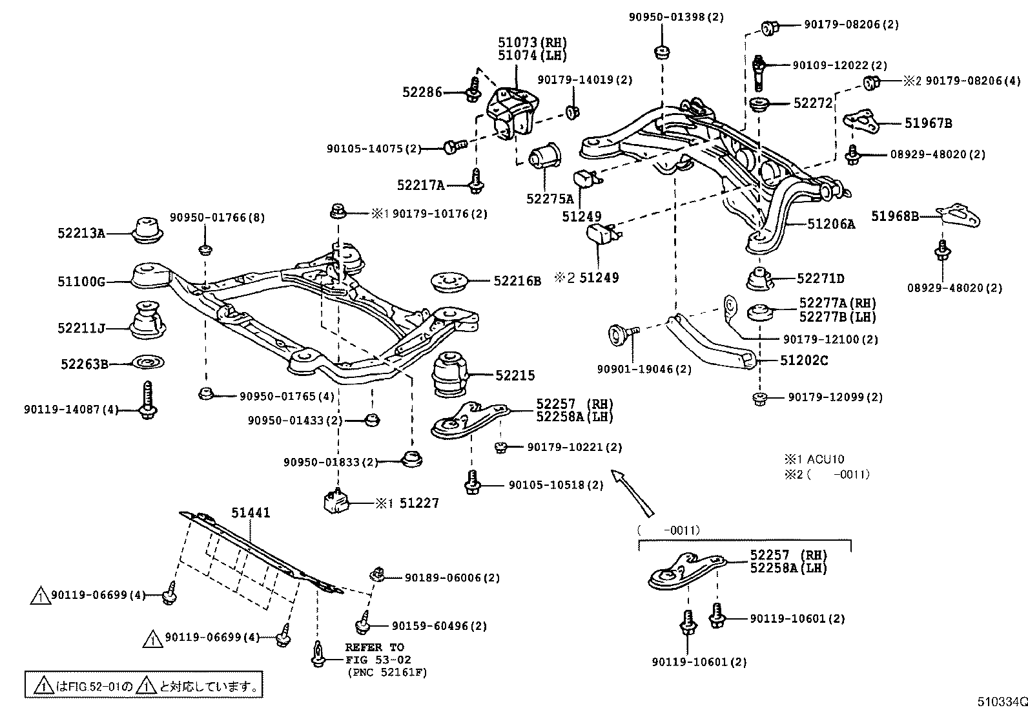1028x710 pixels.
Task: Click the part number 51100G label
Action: click(x=81, y=282)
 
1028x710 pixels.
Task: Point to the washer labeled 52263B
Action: click(x=147, y=363)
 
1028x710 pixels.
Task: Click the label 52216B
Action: click(x=517, y=281)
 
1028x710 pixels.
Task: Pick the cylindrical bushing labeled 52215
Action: click(x=450, y=374)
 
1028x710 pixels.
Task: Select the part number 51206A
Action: click(x=831, y=224)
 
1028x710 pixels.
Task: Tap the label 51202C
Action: click(x=804, y=360)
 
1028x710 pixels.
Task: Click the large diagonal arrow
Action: click(x=632, y=492)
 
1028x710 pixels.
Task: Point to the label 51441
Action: click(x=251, y=513)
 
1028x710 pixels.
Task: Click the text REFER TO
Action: click(x=375, y=647)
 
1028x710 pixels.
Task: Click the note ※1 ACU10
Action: click(x=814, y=459)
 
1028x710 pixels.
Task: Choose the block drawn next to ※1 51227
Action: click(x=335, y=502)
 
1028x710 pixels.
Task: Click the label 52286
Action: click(x=422, y=92)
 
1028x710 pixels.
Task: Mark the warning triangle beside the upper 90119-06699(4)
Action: click(x=40, y=596)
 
